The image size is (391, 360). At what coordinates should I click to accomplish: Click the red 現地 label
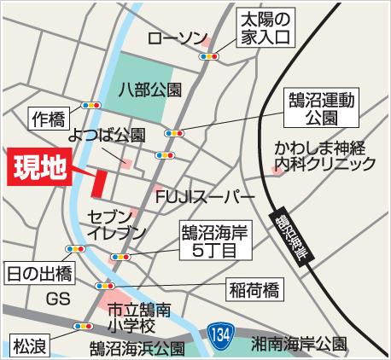click(x=40, y=168)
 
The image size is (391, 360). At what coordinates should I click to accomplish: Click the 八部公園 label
click(x=152, y=88)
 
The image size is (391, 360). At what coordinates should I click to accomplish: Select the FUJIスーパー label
click(x=206, y=196)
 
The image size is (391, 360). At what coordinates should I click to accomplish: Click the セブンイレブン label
click(x=112, y=222)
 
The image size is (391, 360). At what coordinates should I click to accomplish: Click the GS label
click(x=57, y=299)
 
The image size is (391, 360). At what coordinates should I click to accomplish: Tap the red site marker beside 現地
click(x=99, y=181)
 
